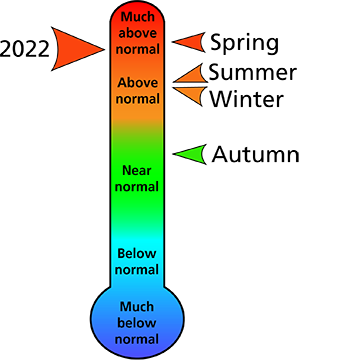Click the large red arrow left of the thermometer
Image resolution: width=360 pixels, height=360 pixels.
coord(75,48)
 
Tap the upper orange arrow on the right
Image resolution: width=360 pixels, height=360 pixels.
coord(192,75)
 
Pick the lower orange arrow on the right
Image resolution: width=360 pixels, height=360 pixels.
coord(192,93)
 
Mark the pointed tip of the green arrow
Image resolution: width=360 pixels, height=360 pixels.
coord(176,154)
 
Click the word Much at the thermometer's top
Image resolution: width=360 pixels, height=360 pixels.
coord(138,16)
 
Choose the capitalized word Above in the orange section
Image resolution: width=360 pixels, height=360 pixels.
coord(138,83)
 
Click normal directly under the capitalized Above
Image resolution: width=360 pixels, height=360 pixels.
coord(138,99)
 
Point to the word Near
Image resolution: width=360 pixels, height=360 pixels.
coord(138,170)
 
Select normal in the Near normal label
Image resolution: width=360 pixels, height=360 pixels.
coord(138,186)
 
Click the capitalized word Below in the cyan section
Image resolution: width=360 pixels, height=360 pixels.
coord(138,253)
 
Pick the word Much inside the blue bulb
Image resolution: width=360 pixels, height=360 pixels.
coord(138,306)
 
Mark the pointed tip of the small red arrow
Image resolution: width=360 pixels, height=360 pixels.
coord(176,42)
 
